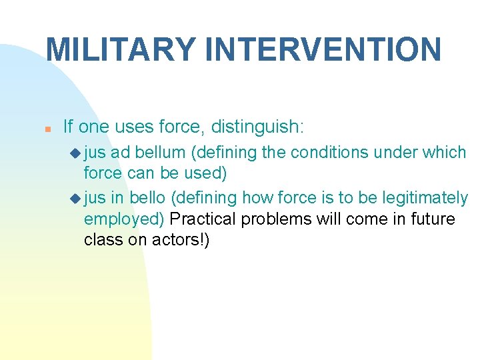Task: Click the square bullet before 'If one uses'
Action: point(49,127)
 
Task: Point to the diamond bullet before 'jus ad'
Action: point(74,153)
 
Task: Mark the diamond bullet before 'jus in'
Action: point(74,198)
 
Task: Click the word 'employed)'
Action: point(125,219)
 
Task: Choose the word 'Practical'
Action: point(203,219)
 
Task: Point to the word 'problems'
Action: point(272,219)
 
